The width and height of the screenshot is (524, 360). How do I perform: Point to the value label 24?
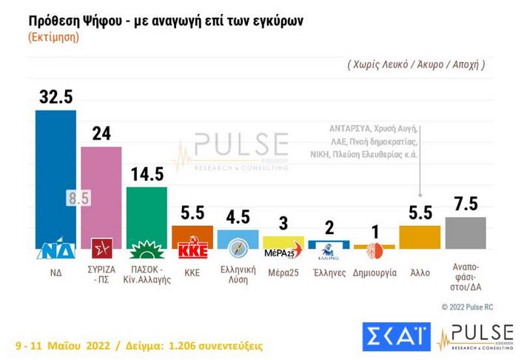point(101,134)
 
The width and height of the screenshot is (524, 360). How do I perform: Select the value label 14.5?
point(147,174)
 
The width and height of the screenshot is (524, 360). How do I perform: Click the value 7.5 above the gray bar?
point(465,205)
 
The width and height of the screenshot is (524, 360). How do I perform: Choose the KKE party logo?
point(192,249)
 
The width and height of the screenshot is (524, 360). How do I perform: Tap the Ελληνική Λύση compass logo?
point(238,247)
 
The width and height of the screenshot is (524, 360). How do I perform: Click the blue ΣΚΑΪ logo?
point(395,336)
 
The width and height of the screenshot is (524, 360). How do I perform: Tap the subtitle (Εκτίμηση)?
point(54,37)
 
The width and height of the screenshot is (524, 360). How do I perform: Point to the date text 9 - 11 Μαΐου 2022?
point(63,346)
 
